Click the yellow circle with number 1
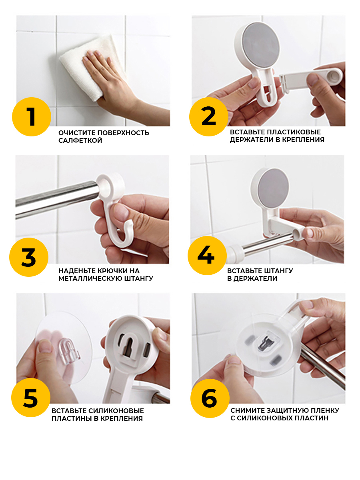32,117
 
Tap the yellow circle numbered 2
209,117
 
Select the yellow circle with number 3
29,257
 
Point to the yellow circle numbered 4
207,256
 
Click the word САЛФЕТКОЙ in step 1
80,140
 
